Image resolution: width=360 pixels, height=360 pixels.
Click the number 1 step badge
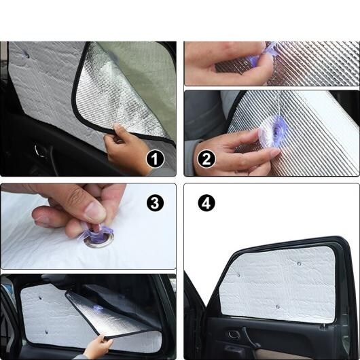pos(155,159)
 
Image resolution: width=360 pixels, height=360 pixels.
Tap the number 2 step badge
pos(206,159)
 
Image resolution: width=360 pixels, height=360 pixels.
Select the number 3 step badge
pos(155,203)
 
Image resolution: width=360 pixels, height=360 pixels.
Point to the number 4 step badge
pos(206,203)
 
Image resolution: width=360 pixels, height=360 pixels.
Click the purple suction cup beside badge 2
pos(274,132)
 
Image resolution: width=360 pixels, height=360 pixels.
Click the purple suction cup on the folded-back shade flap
pos(98,308)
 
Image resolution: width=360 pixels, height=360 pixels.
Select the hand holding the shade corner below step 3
pos(98,346)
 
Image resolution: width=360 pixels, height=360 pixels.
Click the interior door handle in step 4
pos(234,335)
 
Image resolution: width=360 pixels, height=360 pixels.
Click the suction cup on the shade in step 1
pos(25,54)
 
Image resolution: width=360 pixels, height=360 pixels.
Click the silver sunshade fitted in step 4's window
pos(278,284)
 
